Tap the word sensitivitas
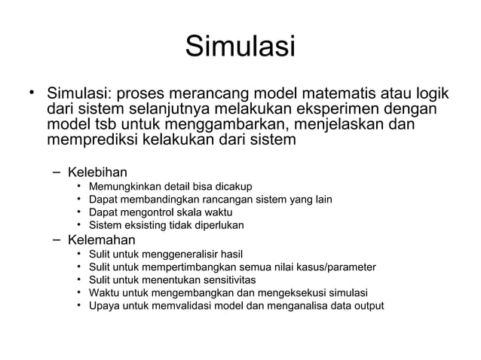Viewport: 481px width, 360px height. click(226, 280)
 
